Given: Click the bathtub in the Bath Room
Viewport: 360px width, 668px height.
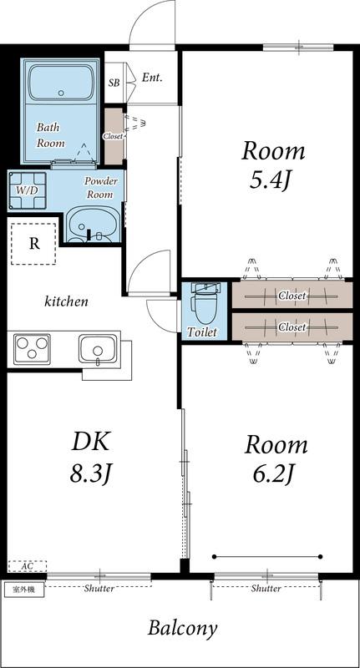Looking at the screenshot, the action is coord(61,83).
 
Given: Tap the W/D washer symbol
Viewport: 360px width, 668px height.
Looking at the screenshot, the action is coord(28,190).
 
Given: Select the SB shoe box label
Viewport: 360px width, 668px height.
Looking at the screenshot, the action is coord(114,83).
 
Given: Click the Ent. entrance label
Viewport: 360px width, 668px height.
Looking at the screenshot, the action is coord(153,78).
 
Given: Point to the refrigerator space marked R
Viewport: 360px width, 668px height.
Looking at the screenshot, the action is coord(33,244).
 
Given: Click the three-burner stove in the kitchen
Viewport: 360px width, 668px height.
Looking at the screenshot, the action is coord(33,349).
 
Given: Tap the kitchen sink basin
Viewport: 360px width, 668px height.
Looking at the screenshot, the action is coord(98,348).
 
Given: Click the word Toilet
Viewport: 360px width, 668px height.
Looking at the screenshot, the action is coord(202,332).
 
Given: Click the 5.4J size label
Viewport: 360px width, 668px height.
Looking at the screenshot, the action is coord(270,181).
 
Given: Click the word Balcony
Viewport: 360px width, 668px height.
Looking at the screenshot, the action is coord(182,628).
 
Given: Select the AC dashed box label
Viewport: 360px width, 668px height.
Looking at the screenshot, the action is coord(28,566).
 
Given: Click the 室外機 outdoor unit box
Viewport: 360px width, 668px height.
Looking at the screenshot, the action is coord(24,590).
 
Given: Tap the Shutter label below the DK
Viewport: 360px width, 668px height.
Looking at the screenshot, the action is coord(99,589).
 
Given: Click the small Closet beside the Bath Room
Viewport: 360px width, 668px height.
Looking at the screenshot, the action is coord(114,136).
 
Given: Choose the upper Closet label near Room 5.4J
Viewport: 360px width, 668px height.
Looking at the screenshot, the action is coord(292,295).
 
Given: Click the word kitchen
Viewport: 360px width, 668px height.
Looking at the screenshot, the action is coord(67,301).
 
